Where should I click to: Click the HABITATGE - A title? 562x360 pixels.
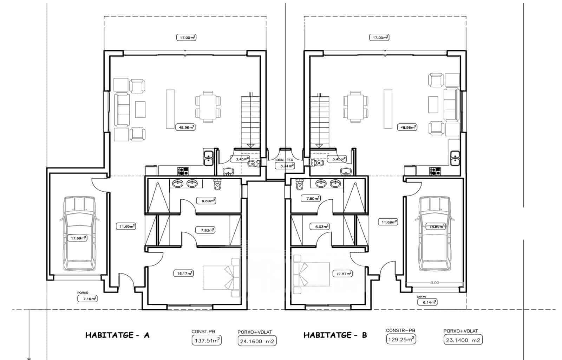pyautogui.click(x=117, y=335)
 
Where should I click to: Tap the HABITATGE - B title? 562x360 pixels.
pyautogui.click(x=335, y=335)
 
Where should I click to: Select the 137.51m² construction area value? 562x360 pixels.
pyautogui.click(x=207, y=340)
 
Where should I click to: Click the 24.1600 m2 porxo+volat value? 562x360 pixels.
pyautogui.click(x=257, y=341)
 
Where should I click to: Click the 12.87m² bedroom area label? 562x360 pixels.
pyautogui.click(x=342, y=273)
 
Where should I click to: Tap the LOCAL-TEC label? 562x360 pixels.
pyautogui.click(x=284, y=160)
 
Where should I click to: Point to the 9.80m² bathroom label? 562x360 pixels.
pyautogui.click(x=206, y=201)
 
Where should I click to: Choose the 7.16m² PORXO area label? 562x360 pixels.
pyautogui.click(x=87, y=299)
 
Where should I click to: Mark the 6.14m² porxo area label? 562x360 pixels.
pyautogui.click(x=427, y=302)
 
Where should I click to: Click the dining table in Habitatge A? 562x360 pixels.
pyautogui.click(x=208, y=107)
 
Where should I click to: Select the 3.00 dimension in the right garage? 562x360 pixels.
pyautogui.click(x=434, y=283)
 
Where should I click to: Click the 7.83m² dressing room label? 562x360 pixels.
pyautogui.click(x=205, y=230)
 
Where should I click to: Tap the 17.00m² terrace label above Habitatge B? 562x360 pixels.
pyautogui.click(x=379, y=37)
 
